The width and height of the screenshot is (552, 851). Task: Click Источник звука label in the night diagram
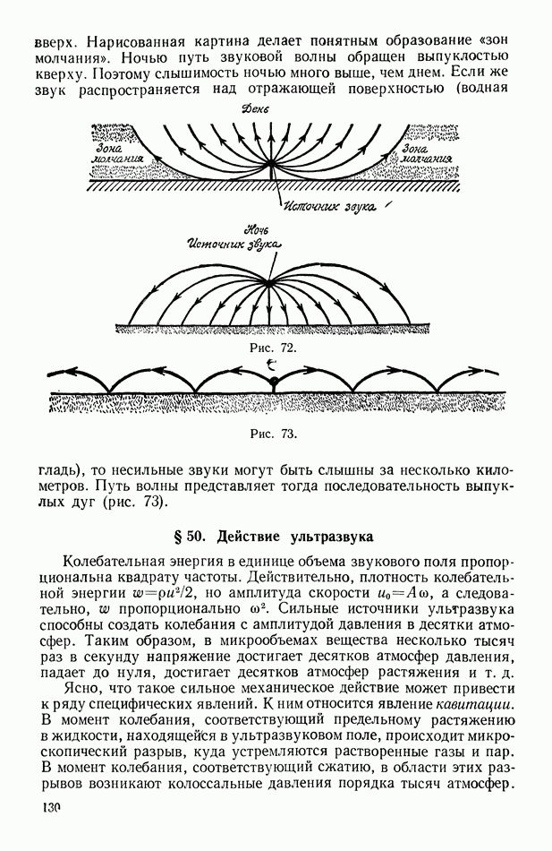(x=232, y=245)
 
